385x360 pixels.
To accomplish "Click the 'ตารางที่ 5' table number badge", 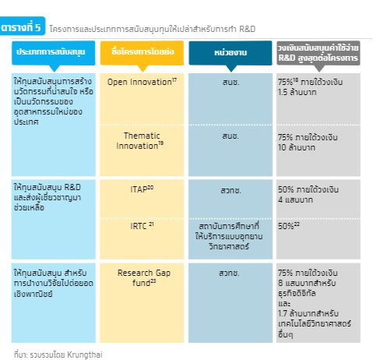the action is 23,26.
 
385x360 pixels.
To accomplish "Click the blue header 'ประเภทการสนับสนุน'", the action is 53,53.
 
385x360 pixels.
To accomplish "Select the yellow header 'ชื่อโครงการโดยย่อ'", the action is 142,53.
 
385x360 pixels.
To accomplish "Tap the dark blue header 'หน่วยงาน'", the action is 231,53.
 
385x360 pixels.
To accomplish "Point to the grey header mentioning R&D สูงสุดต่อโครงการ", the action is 318,53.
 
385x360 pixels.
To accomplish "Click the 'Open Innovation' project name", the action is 142,82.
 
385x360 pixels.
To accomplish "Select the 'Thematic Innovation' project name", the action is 140,140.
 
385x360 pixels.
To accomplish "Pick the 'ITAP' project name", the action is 142,189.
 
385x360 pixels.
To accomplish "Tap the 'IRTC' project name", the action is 142,226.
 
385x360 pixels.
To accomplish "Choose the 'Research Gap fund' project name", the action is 144,277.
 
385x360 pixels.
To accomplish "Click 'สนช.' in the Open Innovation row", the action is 231,82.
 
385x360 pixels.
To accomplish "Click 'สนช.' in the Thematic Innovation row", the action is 231,136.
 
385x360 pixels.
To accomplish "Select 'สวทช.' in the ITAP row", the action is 231,190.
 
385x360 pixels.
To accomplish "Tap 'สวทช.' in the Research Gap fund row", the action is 229,273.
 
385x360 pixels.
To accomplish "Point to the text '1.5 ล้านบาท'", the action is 297,92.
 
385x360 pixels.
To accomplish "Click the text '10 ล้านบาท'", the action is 297,147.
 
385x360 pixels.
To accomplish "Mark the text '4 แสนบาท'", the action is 295,199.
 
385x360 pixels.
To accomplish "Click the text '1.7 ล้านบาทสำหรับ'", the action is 308,313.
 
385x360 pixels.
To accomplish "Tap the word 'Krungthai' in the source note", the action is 85,355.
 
